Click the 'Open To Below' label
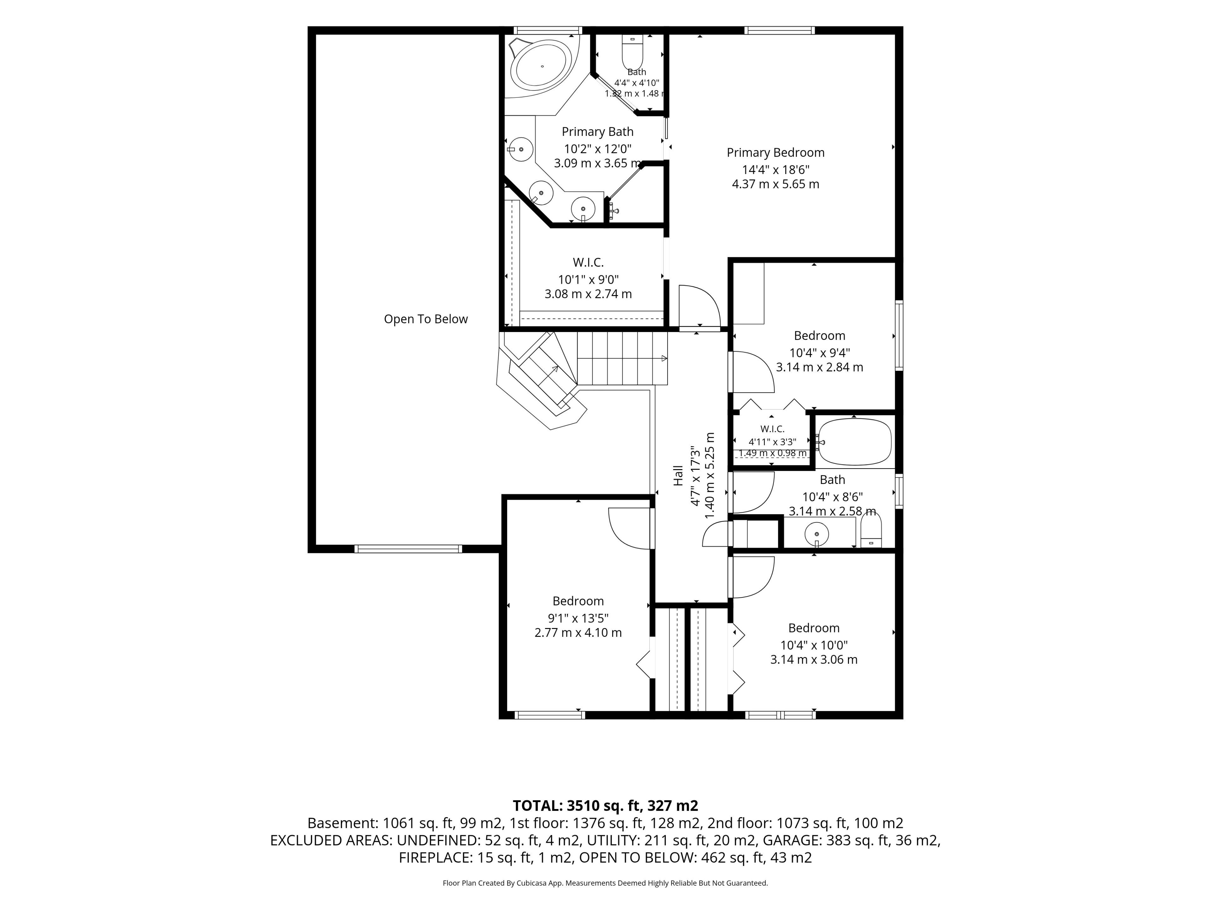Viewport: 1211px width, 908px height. [426, 319]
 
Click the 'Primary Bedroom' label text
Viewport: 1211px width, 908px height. [775, 153]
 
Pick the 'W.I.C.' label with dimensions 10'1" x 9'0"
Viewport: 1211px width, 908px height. [588, 263]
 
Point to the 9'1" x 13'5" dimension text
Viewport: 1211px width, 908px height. [578, 618]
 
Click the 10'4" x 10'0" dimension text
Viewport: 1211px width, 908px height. [814, 645]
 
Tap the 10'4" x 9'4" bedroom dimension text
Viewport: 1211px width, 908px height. [820, 352]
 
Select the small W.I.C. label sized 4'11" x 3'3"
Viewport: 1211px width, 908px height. [772, 429]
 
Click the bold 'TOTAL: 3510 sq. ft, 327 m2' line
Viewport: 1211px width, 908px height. [605, 806]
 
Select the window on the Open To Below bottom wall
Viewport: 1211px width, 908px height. [408, 549]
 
